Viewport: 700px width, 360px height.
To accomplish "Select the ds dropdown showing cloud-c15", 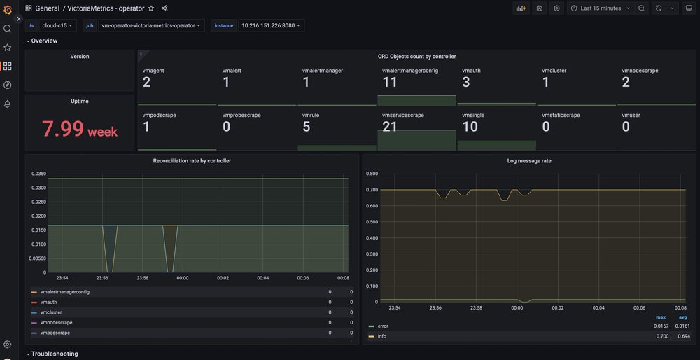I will (58, 25).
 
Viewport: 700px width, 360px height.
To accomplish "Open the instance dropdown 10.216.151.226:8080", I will (271, 25).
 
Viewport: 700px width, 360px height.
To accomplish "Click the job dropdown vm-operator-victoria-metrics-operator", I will (150, 25).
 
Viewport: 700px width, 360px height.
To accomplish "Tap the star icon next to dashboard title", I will (151, 8).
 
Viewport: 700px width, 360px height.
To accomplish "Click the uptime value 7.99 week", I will (79, 130).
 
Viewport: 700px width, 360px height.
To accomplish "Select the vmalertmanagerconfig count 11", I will (390, 83).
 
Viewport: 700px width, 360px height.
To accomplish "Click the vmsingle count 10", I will (470, 127).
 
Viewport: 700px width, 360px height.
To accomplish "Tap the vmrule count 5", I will (307, 127).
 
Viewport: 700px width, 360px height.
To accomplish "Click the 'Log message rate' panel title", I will (528, 161).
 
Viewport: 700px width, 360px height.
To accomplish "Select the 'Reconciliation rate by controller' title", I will (192, 161).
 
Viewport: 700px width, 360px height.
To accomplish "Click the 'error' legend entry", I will (382, 326).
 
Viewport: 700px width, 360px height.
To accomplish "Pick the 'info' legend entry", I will (381, 336).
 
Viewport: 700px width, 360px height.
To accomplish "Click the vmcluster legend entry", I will (53, 312).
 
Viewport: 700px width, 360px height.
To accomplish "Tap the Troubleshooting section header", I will (54, 354).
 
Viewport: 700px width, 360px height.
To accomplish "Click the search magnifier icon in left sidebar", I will (8, 29).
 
